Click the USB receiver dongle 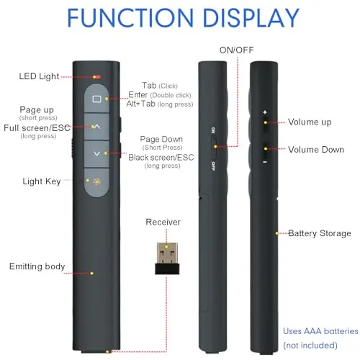click(167, 258)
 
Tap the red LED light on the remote click(97, 77)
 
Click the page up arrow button click(96, 127)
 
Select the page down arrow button click(96, 154)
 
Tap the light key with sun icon click(96, 182)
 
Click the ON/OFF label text click(236, 50)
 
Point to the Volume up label click(310, 122)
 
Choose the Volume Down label click(316, 150)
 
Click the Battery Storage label click(320, 233)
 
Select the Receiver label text click(163, 222)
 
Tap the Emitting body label click(37, 266)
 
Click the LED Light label click(39, 76)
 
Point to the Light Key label click(42, 181)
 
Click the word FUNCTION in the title click(130, 18)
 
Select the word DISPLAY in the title click(251, 18)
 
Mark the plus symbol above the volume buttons click(265, 112)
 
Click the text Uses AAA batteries click(320, 331)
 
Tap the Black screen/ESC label click(161, 158)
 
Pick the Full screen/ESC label click(37, 128)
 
